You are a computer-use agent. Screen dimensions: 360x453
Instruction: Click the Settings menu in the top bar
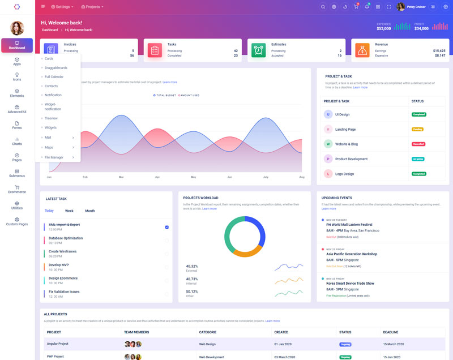62,7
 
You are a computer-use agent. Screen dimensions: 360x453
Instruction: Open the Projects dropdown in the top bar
92,7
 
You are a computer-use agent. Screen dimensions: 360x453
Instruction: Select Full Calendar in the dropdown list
54,76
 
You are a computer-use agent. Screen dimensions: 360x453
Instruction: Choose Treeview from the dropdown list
52,118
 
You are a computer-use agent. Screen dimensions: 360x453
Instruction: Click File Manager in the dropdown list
54,157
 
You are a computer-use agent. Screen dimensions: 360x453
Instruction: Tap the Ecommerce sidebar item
17,189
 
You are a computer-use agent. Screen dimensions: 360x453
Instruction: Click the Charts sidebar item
17,141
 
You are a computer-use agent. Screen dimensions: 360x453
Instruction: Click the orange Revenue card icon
362,50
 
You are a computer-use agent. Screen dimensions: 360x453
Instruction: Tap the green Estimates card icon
259,50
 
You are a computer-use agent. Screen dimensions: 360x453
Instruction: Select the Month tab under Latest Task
90,211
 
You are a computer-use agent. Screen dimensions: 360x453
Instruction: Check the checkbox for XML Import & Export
167,227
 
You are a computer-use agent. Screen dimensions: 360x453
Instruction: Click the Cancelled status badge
418,144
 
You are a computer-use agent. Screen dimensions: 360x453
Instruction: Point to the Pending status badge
417,129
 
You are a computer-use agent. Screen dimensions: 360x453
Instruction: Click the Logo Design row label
344,174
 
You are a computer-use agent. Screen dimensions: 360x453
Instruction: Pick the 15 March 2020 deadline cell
394,344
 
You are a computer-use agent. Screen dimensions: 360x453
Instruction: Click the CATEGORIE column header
208,332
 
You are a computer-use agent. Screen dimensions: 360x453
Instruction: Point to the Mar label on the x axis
121,177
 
